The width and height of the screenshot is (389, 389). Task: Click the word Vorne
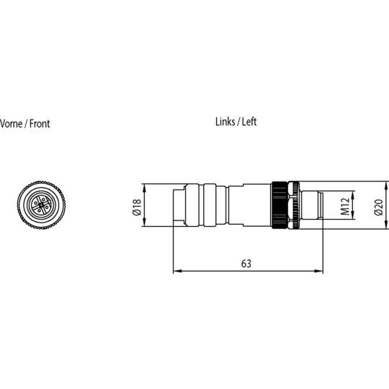coord(10,124)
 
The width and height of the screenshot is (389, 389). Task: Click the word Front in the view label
coord(40,124)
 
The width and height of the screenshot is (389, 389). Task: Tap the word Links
coord(225,122)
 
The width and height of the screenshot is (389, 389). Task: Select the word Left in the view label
coord(249,122)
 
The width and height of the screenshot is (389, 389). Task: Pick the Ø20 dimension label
coord(379,207)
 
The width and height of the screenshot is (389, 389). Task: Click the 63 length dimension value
coord(246,264)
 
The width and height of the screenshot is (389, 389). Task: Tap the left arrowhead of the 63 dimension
coord(177,271)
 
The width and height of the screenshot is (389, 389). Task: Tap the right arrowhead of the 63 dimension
coord(319,271)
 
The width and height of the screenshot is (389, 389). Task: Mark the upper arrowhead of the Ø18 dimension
coord(145,188)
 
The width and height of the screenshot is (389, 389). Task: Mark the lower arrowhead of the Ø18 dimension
coord(145,223)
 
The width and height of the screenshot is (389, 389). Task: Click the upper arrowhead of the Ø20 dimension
coord(387,186)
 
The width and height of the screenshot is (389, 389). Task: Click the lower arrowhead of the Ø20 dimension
coord(387,225)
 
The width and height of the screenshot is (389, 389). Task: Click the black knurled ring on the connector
coord(280,205)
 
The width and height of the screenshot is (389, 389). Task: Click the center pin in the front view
coord(41,205)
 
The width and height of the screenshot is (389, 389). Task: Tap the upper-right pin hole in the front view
coord(45,200)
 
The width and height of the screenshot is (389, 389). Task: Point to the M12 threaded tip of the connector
coord(312,205)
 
